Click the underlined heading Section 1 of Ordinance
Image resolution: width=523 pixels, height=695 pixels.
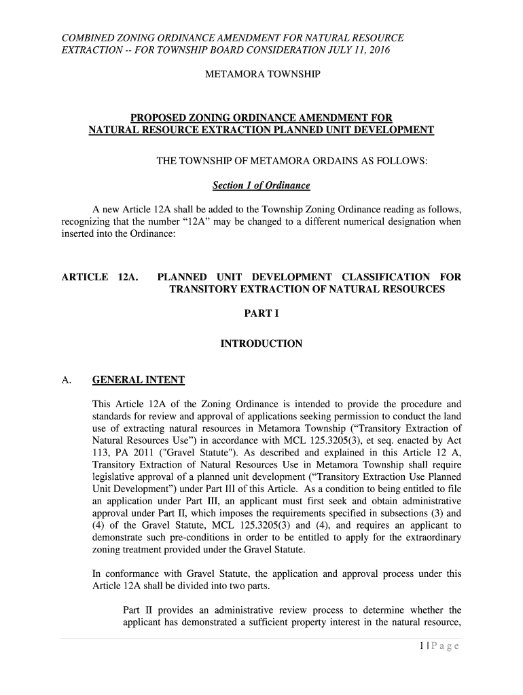(261, 185)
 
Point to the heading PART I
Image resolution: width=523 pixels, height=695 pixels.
(261, 314)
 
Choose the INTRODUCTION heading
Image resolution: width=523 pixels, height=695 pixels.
(261, 344)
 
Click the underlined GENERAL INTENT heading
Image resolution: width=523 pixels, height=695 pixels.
(138, 379)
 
